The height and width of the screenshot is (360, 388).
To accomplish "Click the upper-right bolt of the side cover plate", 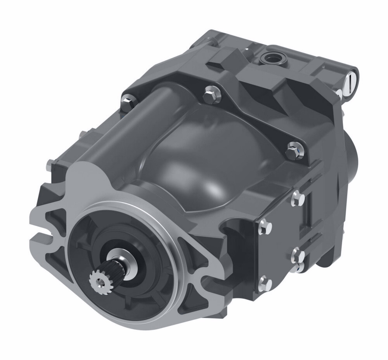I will click(x=298, y=198).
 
